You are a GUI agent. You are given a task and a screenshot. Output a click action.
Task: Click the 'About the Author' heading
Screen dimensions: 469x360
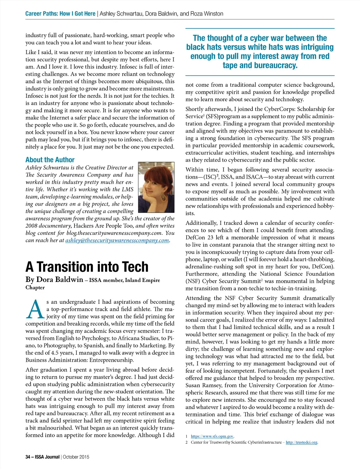tap(50, 160)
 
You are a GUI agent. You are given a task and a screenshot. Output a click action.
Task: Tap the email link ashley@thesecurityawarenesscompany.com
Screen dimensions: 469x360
tap(117, 240)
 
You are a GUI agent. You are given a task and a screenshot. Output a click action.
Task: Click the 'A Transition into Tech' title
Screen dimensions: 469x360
tap(87, 267)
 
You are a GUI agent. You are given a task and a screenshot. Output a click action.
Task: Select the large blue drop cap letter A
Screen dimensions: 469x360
tap(35, 309)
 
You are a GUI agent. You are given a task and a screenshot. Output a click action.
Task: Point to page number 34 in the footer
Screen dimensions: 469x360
tap(28, 457)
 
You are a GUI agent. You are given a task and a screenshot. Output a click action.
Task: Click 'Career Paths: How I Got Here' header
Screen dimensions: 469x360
tap(60, 14)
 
